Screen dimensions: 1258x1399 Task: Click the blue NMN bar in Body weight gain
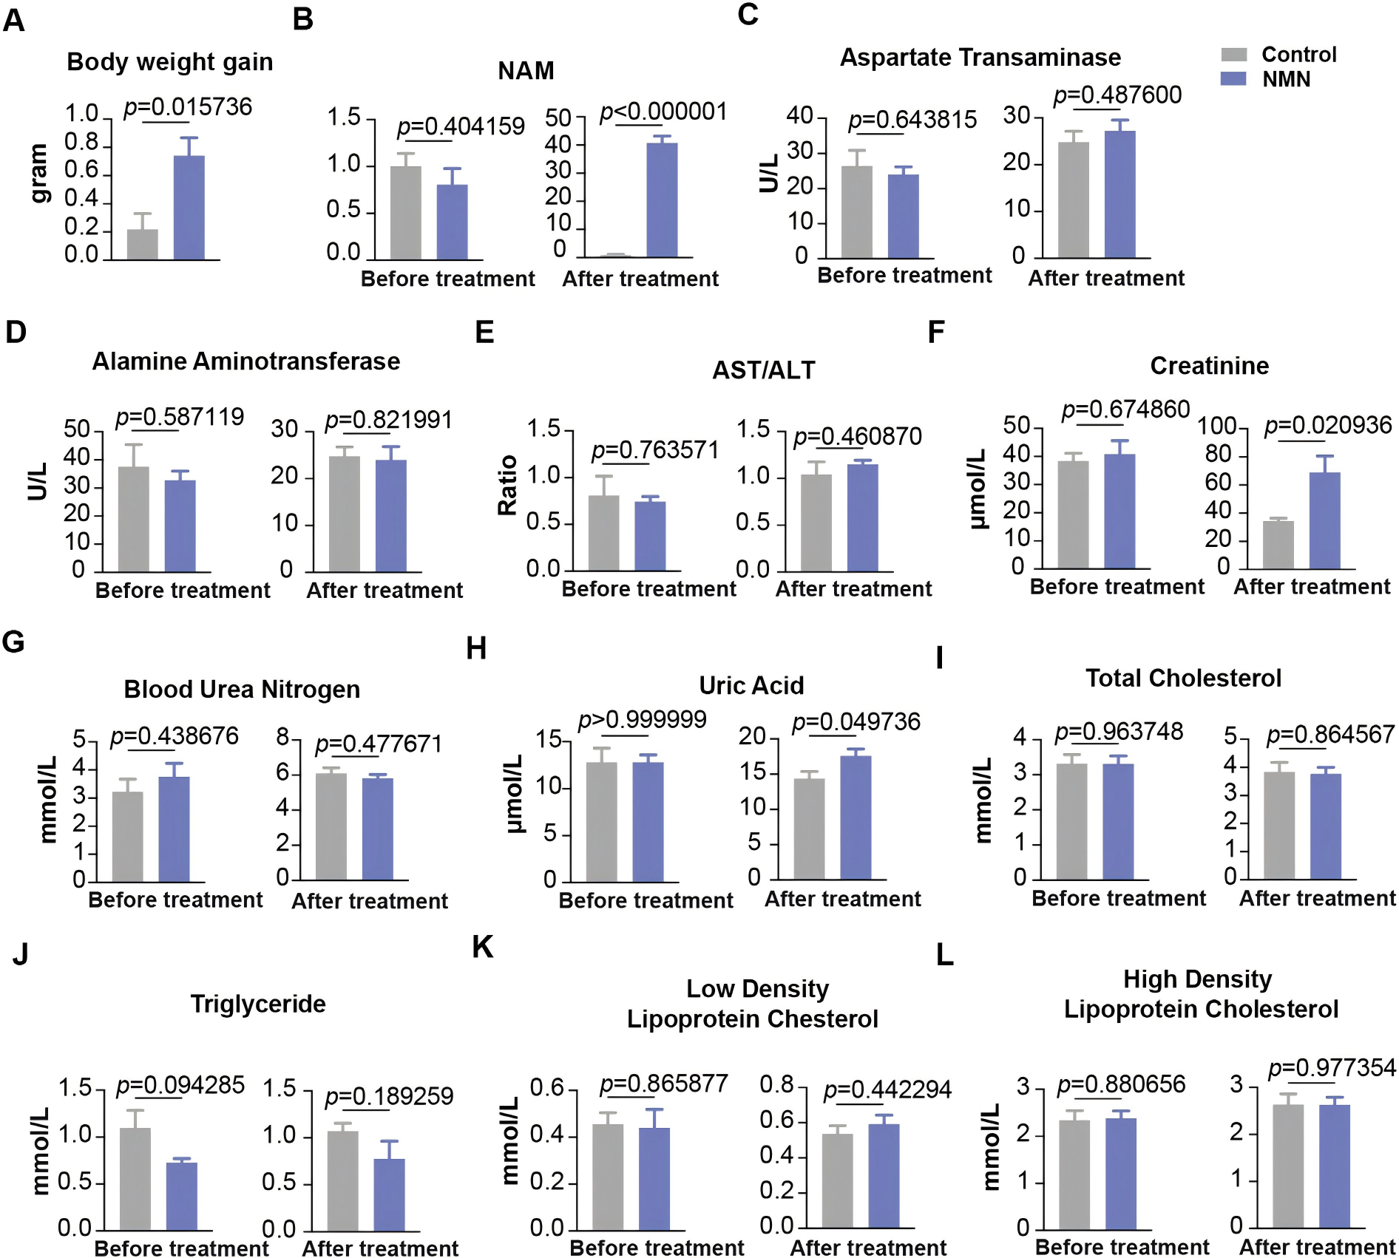tap(189, 208)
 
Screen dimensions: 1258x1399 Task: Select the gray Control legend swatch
tap(1233, 55)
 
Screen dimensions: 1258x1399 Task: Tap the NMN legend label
tap(1286, 79)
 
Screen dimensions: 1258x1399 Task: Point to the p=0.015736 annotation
tap(188, 107)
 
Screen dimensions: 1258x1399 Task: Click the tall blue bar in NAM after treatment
tap(662, 200)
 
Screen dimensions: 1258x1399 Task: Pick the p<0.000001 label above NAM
tap(663, 112)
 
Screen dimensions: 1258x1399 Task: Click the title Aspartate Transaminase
tap(980, 58)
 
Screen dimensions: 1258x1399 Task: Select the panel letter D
tap(16, 333)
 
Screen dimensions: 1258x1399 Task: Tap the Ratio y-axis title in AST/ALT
tap(507, 485)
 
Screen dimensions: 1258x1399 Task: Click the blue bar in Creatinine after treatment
tap(1324, 521)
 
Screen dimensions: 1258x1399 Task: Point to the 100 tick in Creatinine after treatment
tap(1216, 426)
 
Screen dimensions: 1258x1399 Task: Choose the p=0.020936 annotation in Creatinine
tap(1328, 425)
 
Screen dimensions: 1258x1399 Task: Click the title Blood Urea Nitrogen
tap(242, 689)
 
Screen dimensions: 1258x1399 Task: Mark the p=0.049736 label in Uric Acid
tap(856, 721)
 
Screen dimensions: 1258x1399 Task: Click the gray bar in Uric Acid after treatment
tap(809, 829)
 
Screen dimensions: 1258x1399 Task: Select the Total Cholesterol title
tap(1183, 678)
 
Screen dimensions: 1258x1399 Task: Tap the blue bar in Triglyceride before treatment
tap(181, 1196)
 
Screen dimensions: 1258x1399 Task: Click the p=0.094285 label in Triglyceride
tap(180, 1085)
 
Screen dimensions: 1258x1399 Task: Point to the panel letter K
tap(482, 947)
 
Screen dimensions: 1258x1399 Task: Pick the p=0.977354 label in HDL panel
tap(1332, 1068)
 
